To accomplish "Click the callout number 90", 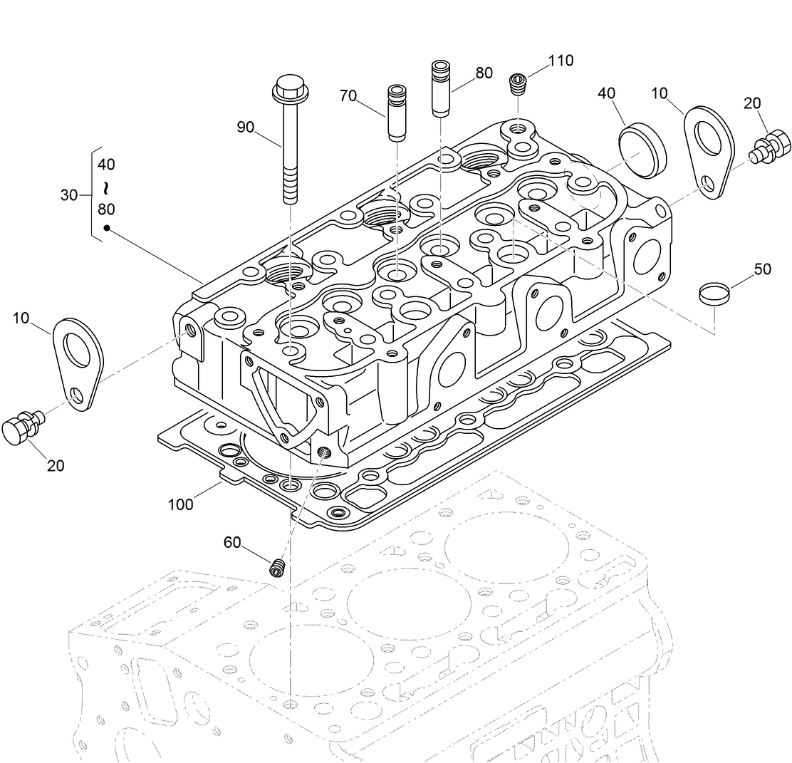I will tap(245, 128).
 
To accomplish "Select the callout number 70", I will tap(348, 96).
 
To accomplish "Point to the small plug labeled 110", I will tap(519, 85).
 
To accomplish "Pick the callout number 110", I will tap(561, 61).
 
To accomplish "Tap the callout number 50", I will tap(762, 269).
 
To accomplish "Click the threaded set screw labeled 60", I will tap(278, 568).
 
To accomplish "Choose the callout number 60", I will tap(232, 542).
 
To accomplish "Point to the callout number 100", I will tap(181, 504).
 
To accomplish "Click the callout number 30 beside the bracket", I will tap(69, 195).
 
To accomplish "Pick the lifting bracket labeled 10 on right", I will tap(707, 152).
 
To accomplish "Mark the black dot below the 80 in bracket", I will tap(106, 229).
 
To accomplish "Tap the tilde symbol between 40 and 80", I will tap(106, 187).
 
